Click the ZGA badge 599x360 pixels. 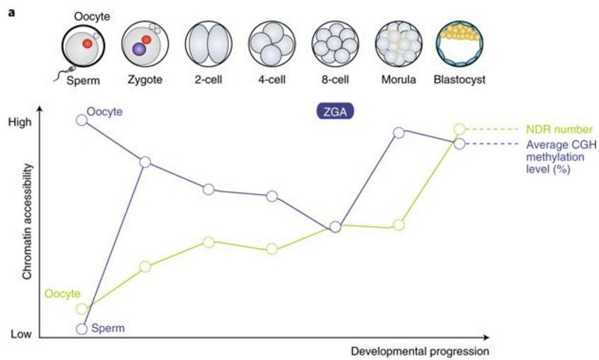coord(335,111)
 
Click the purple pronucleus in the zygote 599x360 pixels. coord(140,50)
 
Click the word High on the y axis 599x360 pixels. coord(21,122)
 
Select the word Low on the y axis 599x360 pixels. coord(20,334)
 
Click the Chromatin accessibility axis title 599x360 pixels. coord(27,220)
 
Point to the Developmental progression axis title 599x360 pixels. coord(419,351)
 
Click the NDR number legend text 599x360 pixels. coord(559,130)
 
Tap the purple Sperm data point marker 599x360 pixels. coord(82,329)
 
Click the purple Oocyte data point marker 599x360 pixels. coord(82,120)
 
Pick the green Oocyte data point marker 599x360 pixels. coord(82,309)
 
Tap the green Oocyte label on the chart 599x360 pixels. coord(62,293)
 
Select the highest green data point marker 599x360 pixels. coord(459,129)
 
